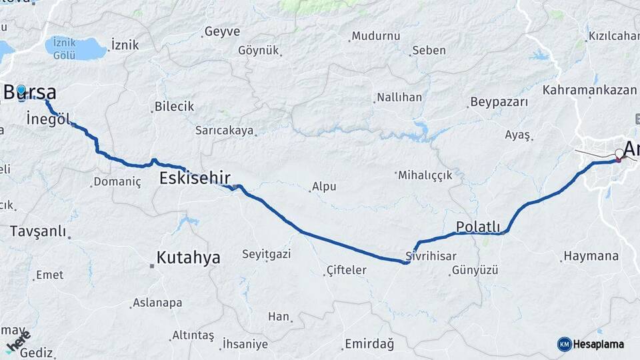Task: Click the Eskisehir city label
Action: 195,178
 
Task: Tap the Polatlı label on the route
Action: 478,227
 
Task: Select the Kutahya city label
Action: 188,258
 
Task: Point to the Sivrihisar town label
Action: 431,256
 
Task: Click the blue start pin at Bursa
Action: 21,91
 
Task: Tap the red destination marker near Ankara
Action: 618,159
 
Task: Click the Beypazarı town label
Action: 499,102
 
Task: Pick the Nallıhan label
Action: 399,97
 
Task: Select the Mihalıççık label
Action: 425,175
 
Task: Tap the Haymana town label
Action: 591,256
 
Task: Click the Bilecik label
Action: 174,107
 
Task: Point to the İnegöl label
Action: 48,119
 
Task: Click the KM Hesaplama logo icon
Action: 565,344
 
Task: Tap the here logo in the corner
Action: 17,341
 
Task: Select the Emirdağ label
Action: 369,345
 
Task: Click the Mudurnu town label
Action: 375,36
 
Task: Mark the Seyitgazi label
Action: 267,254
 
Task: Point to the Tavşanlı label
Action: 38,231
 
